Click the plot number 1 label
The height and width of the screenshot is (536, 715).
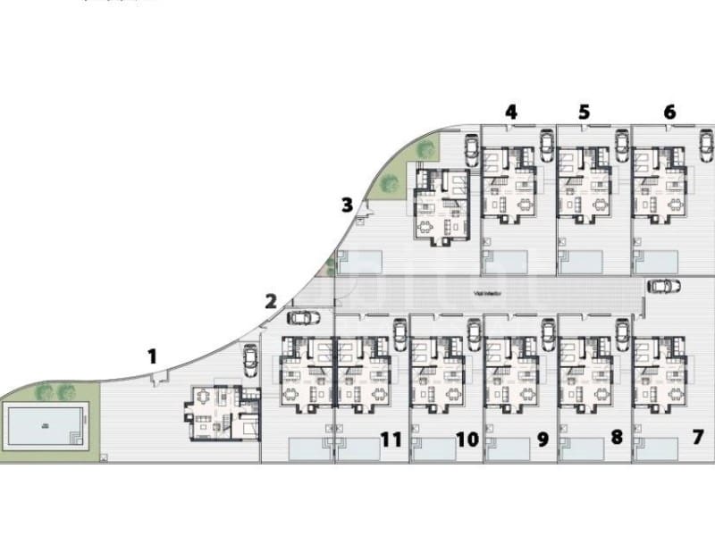click(152, 356)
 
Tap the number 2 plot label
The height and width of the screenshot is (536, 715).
click(271, 301)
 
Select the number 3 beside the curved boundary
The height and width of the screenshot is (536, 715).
click(347, 205)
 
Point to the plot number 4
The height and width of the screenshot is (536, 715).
click(510, 112)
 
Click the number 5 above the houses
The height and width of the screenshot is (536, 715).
click(584, 112)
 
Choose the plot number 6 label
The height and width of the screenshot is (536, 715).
click(669, 112)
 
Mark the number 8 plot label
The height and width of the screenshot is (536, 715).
click(616, 439)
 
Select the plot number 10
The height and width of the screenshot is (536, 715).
click(467, 439)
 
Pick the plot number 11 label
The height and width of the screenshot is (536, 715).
click(390, 439)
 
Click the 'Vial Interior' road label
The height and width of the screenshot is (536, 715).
click(486, 290)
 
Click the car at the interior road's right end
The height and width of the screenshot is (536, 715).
click(662, 286)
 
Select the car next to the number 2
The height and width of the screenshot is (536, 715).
click(304, 316)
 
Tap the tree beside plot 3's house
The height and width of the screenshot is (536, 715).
click(390, 184)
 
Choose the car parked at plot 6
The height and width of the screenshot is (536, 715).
click(706, 144)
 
